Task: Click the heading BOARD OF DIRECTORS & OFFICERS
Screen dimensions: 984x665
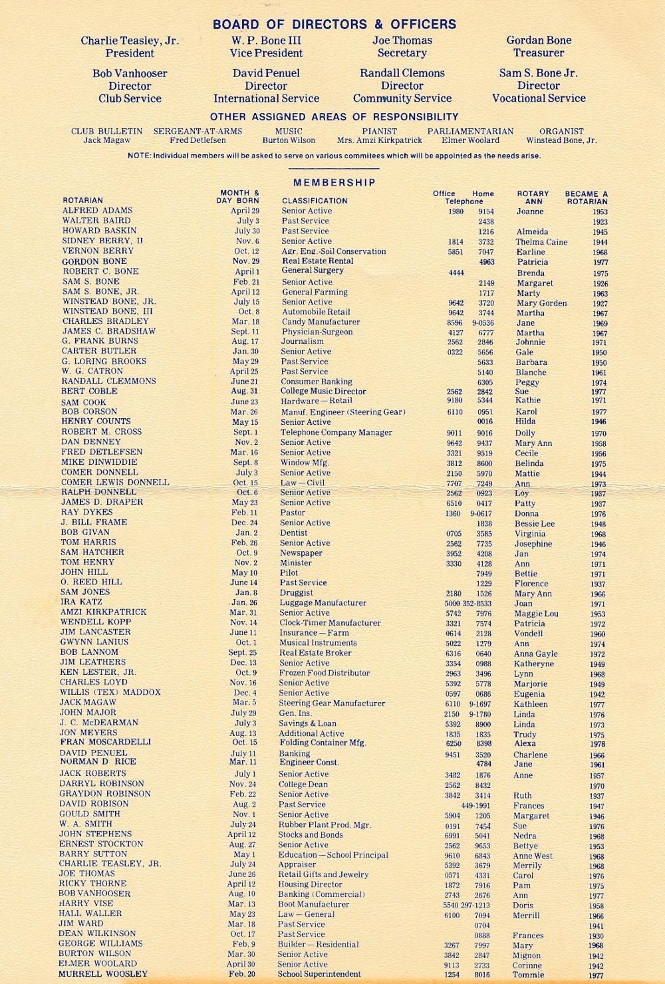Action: (x=334, y=25)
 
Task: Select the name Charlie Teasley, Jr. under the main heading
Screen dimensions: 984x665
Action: (x=130, y=41)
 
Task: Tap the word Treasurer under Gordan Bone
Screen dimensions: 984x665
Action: (x=539, y=53)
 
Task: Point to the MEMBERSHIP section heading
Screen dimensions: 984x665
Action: (x=334, y=182)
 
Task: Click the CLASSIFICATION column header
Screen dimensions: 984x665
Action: (x=315, y=201)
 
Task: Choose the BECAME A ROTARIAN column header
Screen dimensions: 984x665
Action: (x=587, y=197)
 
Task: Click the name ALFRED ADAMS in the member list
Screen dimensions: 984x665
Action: (x=97, y=210)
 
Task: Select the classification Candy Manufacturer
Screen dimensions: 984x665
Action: (x=321, y=322)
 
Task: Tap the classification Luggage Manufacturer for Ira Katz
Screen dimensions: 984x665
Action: (x=323, y=603)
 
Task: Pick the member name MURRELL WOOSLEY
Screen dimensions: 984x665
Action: (x=103, y=974)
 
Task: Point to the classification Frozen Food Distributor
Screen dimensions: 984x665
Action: (x=324, y=673)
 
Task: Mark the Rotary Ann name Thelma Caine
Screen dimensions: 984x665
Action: (x=541, y=242)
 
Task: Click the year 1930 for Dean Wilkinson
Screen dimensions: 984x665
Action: (x=596, y=936)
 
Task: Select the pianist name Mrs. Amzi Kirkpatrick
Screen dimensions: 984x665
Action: (x=379, y=141)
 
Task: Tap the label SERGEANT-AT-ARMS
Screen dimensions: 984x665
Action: (x=198, y=132)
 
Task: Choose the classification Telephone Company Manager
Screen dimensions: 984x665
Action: (x=336, y=432)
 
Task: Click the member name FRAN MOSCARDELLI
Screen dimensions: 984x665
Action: (x=105, y=742)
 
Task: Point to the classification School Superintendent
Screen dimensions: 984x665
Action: (x=319, y=974)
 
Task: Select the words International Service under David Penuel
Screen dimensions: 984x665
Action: (x=266, y=98)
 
